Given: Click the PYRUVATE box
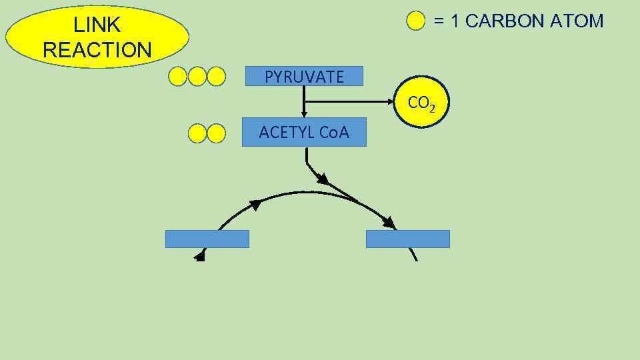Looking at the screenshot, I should pos(304,77).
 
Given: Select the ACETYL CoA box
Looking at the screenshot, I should pos(304,133).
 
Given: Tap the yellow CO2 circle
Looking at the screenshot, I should pos(422,103).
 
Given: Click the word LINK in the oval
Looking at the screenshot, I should pos(97,25).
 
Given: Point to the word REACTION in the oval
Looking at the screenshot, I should pos(97,50).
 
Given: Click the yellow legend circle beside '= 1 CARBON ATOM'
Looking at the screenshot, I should pos(416,21).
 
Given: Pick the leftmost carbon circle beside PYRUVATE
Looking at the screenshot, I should pos(178,77).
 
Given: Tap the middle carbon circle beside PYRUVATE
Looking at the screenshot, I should pos(197,77).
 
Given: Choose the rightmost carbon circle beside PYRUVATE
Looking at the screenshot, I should pos(216,77).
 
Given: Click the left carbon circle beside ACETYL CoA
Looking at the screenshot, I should pos(197,133).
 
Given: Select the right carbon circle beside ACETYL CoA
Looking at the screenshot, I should pos(216,133).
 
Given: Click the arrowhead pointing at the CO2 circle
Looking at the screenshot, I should pos(392,101).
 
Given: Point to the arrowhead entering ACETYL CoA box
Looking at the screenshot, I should pos(304,115).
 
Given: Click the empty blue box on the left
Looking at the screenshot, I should pos(207,239).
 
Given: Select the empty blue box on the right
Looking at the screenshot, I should pos(407,239).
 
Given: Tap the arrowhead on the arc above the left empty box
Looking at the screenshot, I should pos(254,205).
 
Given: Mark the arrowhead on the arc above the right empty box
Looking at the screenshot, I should pos(389,222).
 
